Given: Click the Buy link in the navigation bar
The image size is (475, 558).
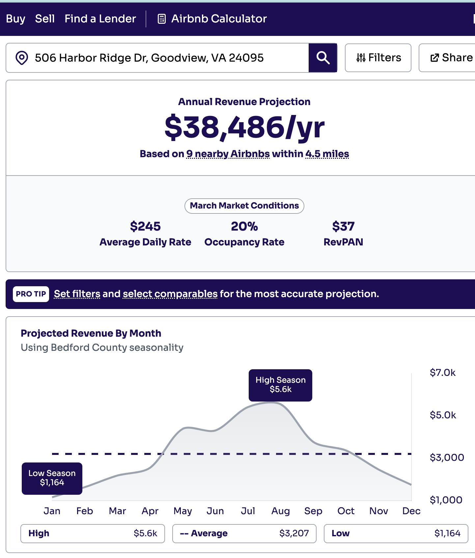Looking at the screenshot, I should [15, 19].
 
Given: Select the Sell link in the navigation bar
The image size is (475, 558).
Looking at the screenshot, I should [45, 19].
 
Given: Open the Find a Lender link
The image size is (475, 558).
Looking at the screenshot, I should [100, 19].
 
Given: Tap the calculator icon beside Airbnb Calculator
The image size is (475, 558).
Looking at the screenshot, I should [161, 19].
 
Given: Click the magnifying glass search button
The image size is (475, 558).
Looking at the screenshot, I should [323, 58].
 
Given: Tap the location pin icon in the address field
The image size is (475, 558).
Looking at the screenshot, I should [22, 58].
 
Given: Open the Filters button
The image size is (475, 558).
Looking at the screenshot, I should [378, 58].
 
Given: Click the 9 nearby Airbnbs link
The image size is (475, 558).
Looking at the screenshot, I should [228, 154].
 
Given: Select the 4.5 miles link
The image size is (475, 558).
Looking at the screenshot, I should [327, 154].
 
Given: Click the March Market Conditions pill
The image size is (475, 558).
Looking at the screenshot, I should [244, 206].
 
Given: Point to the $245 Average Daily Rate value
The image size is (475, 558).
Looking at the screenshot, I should [145, 226].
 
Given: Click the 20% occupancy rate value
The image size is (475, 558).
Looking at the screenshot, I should [244, 226].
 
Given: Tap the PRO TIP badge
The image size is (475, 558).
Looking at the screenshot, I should [31, 294].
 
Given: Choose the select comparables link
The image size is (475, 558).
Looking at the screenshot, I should [170, 294].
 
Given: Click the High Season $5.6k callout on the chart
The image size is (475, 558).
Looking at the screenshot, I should [280, 385].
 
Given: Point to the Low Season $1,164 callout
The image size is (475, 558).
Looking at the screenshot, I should [52, 478].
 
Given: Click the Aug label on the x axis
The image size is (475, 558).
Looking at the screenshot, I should [281, 511].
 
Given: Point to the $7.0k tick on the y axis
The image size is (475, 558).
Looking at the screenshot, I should [442, 373].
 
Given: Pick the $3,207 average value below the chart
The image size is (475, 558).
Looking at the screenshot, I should [294, 533].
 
